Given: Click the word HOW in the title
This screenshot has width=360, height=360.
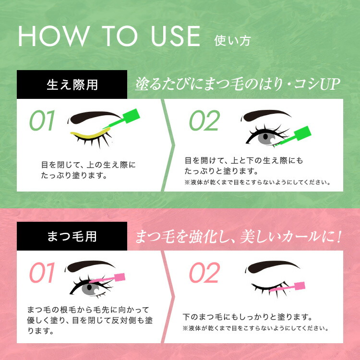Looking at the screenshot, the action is tap(54, 36).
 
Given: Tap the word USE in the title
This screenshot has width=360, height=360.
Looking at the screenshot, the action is tap(176, 36).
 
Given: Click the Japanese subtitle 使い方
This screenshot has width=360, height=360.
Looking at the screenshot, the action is tap(232, 41).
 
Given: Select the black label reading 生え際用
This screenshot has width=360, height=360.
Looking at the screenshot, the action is tap(72, 84).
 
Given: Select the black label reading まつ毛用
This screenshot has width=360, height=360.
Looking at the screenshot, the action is tap(72, 236).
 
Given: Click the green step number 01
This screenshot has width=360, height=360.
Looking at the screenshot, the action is tap(42, 120).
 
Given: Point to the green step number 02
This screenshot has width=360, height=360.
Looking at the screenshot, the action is tap(204, 120).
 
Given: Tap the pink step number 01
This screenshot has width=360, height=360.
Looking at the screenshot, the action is tap(42, 272).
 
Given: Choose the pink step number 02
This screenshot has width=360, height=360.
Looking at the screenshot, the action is tap(204, 272).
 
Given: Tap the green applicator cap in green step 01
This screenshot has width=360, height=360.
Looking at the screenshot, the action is tap(131, 115).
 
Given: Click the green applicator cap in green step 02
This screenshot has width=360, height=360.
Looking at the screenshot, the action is tap(302, 133).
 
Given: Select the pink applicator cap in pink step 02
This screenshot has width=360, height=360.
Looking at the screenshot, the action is tap(300, 286).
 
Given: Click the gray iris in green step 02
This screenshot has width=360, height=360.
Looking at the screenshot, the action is tap(266, 137).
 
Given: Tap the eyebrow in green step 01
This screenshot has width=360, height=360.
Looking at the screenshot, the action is tap(94, 117).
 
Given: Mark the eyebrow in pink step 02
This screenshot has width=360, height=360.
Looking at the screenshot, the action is tap(272, 266).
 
